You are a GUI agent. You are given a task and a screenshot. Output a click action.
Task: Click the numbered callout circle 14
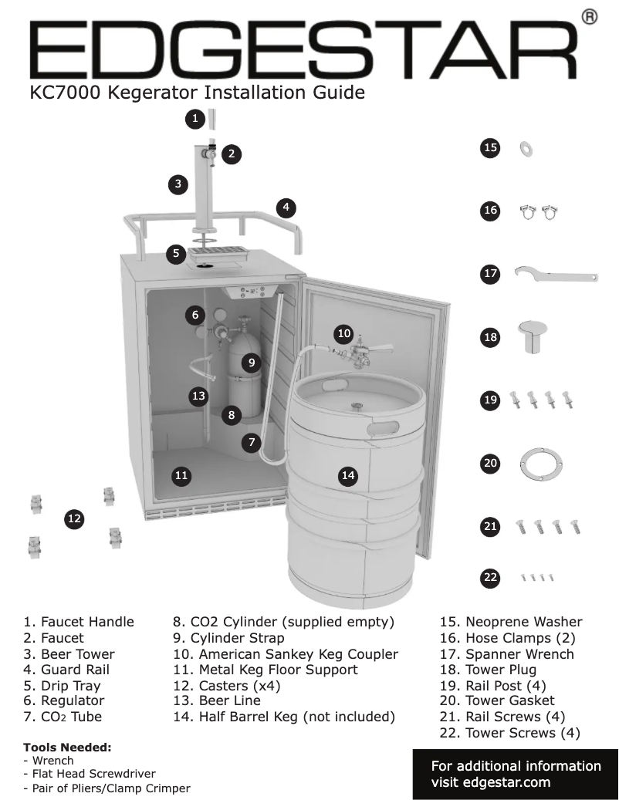coord(348,475)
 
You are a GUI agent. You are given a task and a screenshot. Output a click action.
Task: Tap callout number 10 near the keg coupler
coord(343,333)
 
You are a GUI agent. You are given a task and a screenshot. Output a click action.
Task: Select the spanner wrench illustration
coord(556,275)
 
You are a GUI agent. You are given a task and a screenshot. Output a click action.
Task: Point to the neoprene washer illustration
coord(528,147)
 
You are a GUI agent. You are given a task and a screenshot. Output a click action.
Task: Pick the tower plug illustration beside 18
coord(533,336)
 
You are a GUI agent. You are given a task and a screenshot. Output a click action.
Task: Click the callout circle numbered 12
coord(73,519)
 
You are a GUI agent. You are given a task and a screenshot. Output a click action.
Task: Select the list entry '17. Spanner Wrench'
coord(506,653)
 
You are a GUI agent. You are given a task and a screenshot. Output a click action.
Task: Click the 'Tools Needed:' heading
coord(67,748)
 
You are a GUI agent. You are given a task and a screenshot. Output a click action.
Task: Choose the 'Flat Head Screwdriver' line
coord(93,774)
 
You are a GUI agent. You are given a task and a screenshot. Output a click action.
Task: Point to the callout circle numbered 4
coord(286,207)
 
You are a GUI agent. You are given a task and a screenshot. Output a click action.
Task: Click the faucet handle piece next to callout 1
coord(212,120)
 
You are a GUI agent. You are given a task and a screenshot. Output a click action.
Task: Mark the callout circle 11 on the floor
coord(181,475)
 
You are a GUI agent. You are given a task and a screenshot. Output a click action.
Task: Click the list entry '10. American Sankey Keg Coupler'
coord(285,653)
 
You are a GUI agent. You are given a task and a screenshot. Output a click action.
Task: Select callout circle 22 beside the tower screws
coord(489,576)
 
